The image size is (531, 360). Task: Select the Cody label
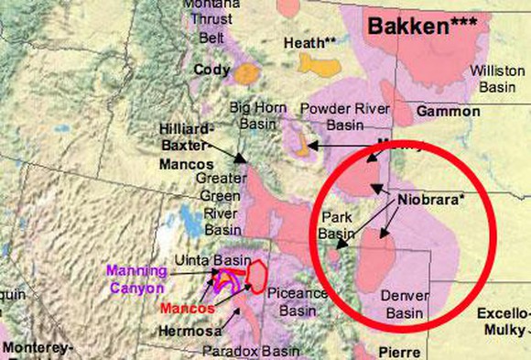[x=211, y=69]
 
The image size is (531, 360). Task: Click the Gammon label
[x=448, y=112]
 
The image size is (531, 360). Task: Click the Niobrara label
[x=432, y=199]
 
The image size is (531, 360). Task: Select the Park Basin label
[x=335, y=226]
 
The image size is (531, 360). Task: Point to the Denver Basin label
[x=404, y=305]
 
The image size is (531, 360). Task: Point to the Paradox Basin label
[x=259, y=351]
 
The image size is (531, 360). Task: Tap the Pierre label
[x=398, y=352]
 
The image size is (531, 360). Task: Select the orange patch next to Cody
[x=246, y=72]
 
